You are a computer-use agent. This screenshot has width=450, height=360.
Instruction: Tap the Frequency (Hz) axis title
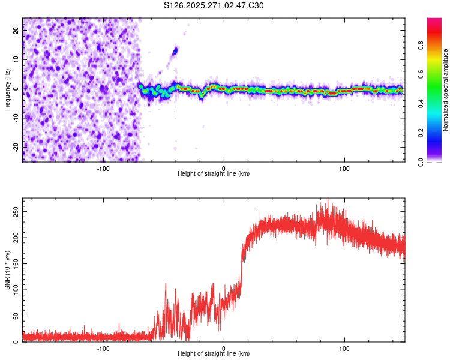point(7,90)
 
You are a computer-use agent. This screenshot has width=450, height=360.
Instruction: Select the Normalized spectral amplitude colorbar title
point(446,90)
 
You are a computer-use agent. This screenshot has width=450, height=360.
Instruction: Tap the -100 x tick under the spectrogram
point(103,167)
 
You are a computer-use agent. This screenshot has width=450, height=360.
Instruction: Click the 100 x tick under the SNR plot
point(344,348)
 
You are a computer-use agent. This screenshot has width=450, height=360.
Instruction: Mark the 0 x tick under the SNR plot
point(224,348)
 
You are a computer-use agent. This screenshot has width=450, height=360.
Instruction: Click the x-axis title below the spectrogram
point(214,174)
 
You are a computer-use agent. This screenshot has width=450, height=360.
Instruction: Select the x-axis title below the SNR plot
point(214,355)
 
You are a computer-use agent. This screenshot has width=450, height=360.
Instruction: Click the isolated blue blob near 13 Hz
point(175,51)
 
